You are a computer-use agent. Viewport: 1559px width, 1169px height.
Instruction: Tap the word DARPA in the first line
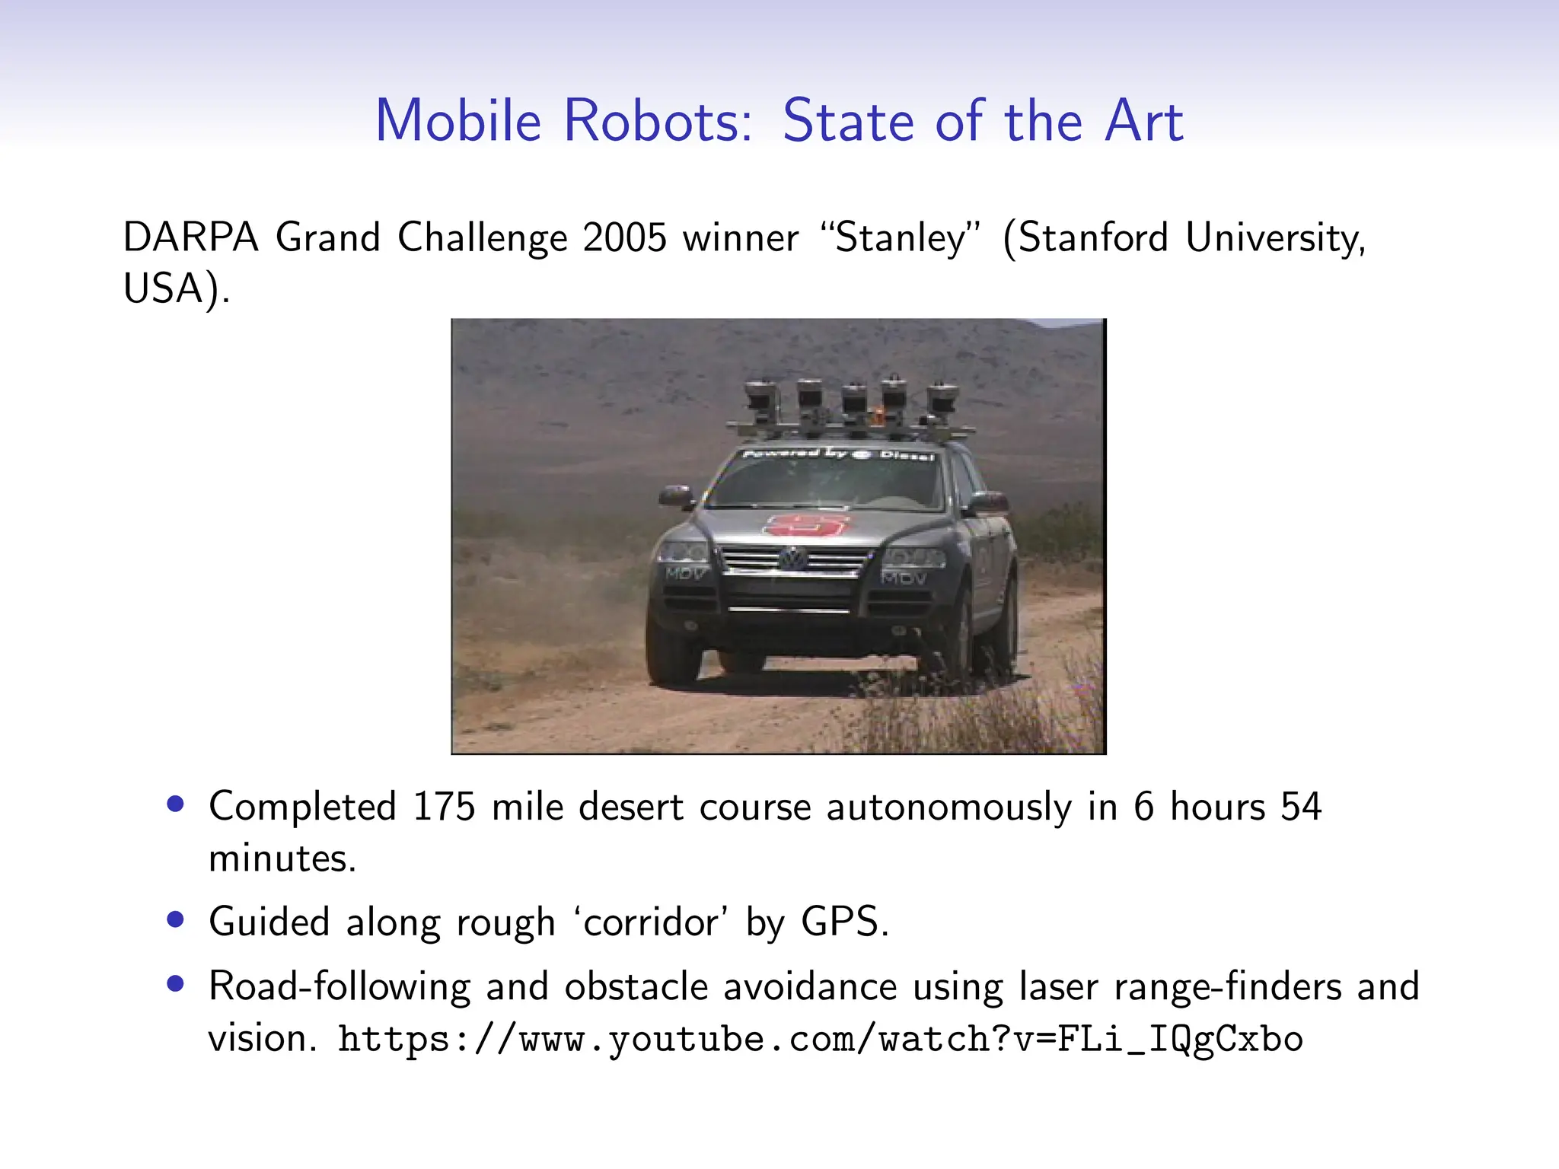(x=190, y=237)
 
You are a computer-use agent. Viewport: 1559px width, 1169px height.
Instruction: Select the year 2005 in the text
(x=624, y=237)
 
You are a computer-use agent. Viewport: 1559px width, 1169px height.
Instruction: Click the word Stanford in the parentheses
(x=1093, y=237)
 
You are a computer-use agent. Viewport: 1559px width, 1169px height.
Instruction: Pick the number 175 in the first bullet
(x=444, y=807)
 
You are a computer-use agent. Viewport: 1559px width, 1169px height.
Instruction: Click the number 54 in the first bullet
(x=1301, y=807)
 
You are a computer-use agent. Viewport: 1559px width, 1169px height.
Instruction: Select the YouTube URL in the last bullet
(x=821, y=1040)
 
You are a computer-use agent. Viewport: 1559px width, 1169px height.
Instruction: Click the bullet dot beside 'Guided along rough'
(x=176, y=919)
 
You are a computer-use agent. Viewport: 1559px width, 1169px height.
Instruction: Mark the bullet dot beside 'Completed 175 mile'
(x=176, y=804)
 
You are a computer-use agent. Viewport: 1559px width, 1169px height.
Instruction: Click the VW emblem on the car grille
(x=793, y=559)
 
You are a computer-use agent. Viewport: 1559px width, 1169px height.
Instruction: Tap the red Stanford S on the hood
(x=807, y=524)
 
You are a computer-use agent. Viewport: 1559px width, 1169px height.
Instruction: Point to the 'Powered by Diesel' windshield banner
(x=837, y=454)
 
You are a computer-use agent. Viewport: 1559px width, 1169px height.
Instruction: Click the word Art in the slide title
(x=1144, y=121)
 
